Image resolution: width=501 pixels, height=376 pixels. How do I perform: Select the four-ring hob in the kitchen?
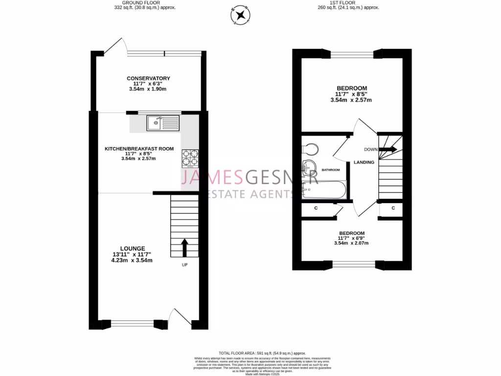tap(190, 158)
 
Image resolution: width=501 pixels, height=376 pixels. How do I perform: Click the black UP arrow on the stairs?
tap(184, 247)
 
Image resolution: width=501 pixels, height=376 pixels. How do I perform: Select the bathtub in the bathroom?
tap(324, 189)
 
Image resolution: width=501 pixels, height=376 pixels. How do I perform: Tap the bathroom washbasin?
tap(309, 167)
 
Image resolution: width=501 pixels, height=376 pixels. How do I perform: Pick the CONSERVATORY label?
tap(148, 78)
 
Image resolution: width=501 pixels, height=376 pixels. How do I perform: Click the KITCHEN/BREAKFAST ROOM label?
tap(139, 148)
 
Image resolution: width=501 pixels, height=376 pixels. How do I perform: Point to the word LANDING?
tap(364, 163)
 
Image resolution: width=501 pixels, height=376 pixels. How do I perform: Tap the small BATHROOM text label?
tap(331, 170)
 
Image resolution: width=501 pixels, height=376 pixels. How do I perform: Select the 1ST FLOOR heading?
tap(348, 3)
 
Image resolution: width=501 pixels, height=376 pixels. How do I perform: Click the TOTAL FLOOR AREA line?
tap(263, 353)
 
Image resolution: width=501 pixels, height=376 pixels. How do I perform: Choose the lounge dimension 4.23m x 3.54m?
tap(132, 260)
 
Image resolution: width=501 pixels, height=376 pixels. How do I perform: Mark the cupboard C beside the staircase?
tap(394, 209)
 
